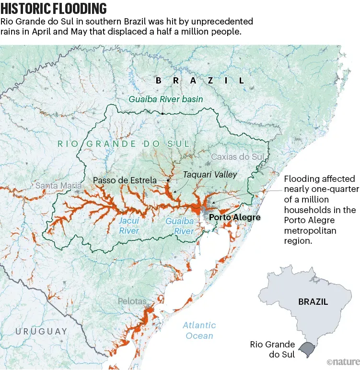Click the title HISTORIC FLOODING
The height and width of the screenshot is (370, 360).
click(x=54, y=9)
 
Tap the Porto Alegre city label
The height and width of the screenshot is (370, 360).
click(x=235, y=217)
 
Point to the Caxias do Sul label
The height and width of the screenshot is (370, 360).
click(x=238, y=157)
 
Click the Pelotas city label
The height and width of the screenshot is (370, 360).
click(x=132, y=301)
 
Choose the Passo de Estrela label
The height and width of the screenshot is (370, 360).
click(x=125, y=180)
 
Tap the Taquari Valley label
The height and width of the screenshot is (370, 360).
click(x=210, y=175)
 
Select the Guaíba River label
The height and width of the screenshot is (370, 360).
click(x=180, y=226)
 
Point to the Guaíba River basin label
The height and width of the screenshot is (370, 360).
click(x=166, y=99)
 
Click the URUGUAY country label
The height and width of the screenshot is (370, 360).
click(x=41, y=331)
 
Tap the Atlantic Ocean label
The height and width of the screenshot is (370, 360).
click(x=199, y=330)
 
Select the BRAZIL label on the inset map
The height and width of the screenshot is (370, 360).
click(x=313, y=302)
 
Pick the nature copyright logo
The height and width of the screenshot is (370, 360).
click(x=342, y=361)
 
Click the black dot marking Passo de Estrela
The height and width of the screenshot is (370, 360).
click(x=168, y=180)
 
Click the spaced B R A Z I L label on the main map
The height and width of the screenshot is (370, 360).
click(x=200, y=81)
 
